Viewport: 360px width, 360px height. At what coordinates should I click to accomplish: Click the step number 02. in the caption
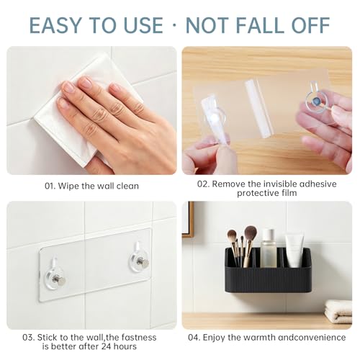[203, 184]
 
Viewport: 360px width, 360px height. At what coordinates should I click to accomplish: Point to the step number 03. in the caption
[29, 338]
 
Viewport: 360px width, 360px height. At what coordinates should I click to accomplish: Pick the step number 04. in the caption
[194, 338]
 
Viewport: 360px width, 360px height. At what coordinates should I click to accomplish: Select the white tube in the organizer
[294, 251]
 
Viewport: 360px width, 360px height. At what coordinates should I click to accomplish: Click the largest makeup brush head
[251, 233]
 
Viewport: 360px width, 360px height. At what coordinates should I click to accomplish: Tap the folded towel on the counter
[338, 311]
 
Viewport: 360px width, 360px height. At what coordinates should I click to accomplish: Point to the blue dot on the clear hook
[314, 102]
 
